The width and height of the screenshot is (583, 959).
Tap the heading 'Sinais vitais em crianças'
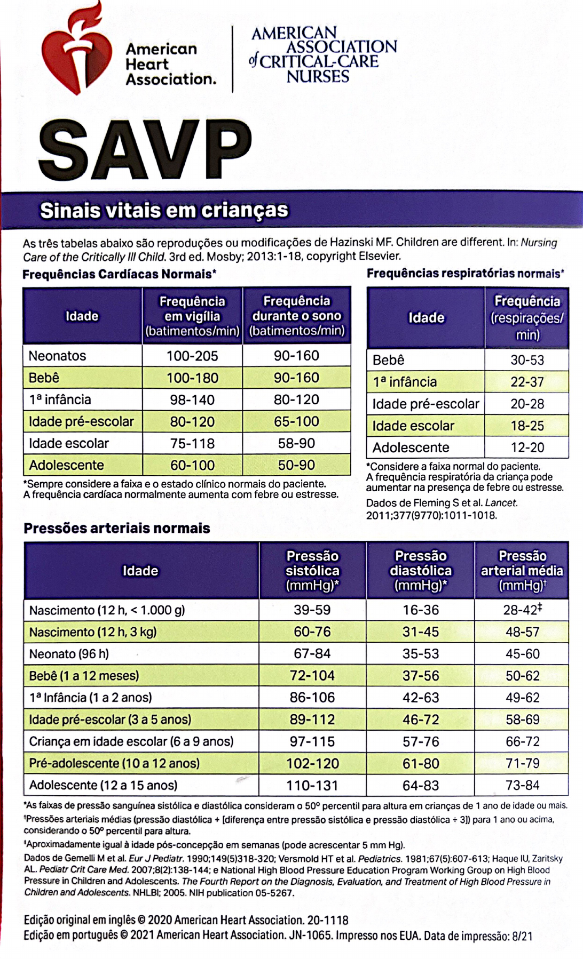(164, 210)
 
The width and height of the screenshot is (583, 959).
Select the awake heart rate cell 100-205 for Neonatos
(192, 356)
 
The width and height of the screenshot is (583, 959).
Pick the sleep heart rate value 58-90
(296, 443)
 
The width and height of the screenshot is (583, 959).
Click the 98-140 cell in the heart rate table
(192, 399)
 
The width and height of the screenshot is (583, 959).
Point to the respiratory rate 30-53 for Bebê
(527, 360)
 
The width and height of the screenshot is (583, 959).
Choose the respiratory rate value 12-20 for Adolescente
(527, 447)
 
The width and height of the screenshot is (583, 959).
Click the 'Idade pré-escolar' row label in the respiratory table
(426, 404)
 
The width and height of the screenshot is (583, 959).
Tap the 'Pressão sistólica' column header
(312, 571)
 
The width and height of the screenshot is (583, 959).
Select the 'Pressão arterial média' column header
(522, 571)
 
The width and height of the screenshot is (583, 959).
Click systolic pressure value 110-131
(312, 785)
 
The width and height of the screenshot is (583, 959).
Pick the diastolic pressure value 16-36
(421, 610)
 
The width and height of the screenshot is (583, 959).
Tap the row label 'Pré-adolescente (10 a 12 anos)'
(114, 763)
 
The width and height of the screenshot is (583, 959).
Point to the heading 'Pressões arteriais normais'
(117, 529)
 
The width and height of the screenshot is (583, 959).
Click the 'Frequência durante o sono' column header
(296, 316)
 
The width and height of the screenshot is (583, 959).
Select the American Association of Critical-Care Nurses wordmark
(324, 55)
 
